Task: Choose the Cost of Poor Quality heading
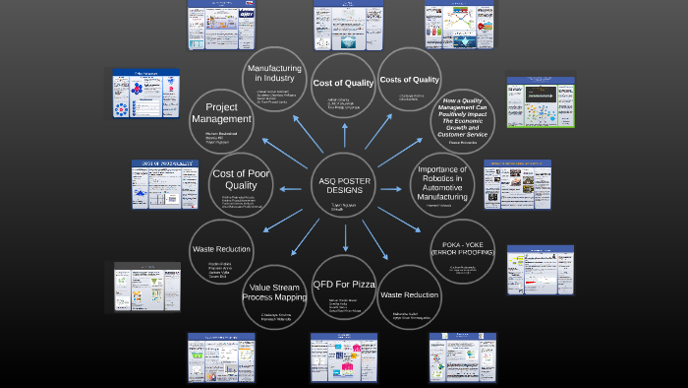click(241, 179)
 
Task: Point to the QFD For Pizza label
click(344, 286)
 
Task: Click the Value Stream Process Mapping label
click(275, 290)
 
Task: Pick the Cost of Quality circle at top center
click(343, 83)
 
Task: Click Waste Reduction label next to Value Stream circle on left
click(222, 249)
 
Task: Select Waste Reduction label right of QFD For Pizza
click(410, 294)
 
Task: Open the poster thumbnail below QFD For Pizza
click(344, 357)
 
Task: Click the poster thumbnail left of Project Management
click(144, 96)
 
